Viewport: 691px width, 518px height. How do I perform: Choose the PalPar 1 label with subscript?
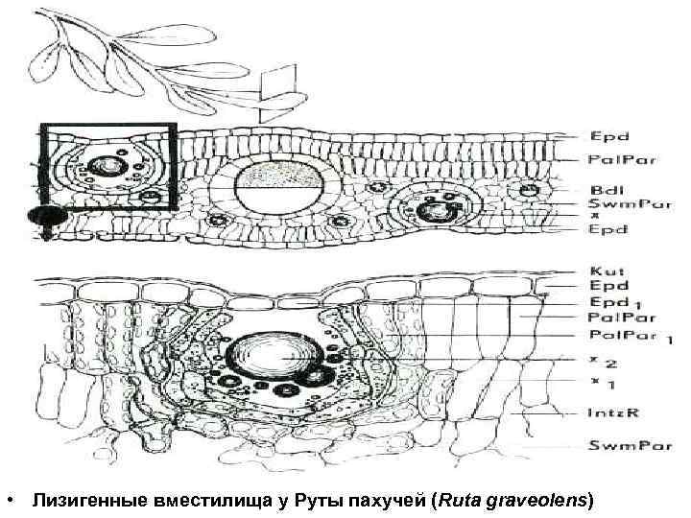click(x=623, y=336)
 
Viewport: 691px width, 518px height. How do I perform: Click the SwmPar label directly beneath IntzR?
click(x=620, y=447)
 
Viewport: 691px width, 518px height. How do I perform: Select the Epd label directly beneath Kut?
click(x=602, y=286)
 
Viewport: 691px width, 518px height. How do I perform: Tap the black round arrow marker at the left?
click(x=43, y=216)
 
